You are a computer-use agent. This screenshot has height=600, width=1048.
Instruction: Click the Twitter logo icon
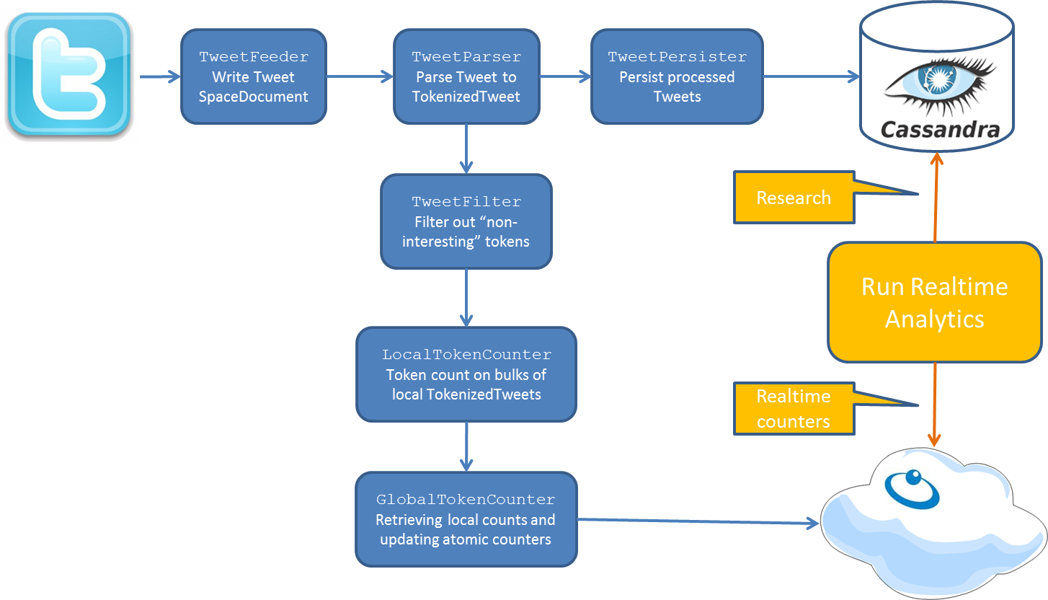click(69, 75)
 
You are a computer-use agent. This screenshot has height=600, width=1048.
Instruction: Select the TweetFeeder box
click(253, 76)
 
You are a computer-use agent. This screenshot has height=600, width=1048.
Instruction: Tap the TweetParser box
click(466, 76)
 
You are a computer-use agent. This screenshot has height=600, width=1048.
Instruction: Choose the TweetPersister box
click(676, 76)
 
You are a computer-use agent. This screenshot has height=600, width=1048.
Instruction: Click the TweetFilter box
click(466, 221)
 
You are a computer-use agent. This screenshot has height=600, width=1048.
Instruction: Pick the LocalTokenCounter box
click(466, 374)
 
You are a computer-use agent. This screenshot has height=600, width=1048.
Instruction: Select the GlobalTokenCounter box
click(466, 519)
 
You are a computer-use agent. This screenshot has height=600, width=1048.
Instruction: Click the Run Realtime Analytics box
click(934, 302)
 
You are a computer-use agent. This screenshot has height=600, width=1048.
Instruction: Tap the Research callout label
click(793, 198)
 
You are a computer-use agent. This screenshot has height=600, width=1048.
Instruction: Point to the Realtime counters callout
click(793, 409)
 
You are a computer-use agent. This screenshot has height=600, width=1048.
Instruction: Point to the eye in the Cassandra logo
click(937, 79)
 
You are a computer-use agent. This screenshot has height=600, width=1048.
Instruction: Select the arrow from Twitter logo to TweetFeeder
click(159, 76)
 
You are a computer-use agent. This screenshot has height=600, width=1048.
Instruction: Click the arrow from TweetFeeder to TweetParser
click(359, 76)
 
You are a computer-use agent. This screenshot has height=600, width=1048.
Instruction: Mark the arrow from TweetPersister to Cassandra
click(811, 76)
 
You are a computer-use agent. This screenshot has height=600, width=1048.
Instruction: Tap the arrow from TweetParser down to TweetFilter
click(466, 149)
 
